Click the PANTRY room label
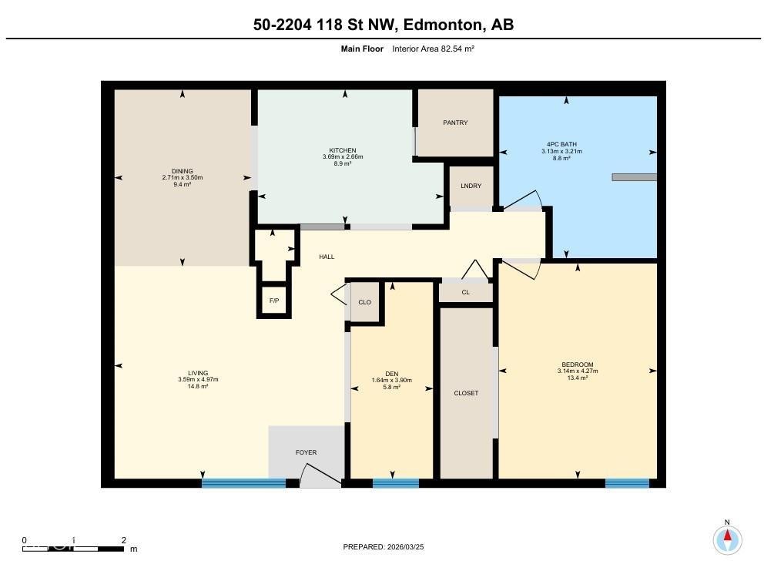tap(455, 123)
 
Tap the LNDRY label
tap(471, 186)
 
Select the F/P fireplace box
tap(274, 301)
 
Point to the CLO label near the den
tap(364, 302)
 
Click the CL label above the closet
tap(466, 292)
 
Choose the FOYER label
tap(306, 453)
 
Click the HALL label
tap(327, 257)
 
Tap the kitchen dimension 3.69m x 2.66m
tap(343, 157)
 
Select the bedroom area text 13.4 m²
tap(578, 378)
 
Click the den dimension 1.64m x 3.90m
tap(392, 381)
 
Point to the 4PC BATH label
tap(561, 144)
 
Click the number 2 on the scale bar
tap(124, 540)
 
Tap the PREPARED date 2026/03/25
tap(405, 547)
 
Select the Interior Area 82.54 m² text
tap(433, 49)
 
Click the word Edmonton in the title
tap(441, 25)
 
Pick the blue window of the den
tap(396, 483)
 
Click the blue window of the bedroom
tap(628, 483)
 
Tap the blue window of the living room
tap(243, 483)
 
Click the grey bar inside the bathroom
tap(635, 177)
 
